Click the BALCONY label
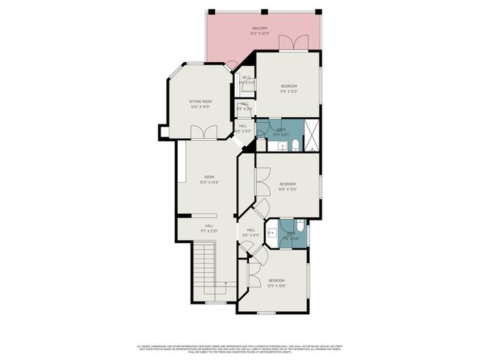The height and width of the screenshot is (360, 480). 259,28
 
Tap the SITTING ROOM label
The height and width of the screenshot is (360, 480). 199,100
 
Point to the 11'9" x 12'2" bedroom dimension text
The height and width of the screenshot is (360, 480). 289,92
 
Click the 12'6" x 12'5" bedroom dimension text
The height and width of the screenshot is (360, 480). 288,189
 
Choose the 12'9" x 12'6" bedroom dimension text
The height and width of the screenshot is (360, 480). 277,286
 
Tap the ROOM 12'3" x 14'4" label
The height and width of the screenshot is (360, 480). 208,180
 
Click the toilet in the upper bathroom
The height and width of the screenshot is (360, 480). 295,144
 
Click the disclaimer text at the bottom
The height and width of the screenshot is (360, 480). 239,349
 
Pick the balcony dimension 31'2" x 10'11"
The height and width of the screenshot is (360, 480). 259,34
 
